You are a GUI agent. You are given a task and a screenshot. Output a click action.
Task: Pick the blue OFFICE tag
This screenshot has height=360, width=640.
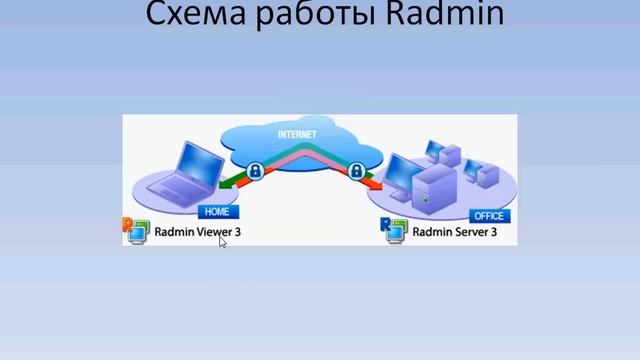click(489, 215)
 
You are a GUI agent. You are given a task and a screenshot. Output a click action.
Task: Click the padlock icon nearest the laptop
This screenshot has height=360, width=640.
click(256, 171)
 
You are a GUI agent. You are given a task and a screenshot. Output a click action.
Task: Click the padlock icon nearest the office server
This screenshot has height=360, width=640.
click(355, 171)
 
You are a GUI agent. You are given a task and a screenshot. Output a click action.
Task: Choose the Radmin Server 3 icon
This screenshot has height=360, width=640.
click(392, 229)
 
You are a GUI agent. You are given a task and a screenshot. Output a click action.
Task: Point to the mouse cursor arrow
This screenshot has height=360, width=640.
click(222, 241)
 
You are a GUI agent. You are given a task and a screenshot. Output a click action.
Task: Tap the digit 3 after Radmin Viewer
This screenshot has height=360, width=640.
click(238, 232)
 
